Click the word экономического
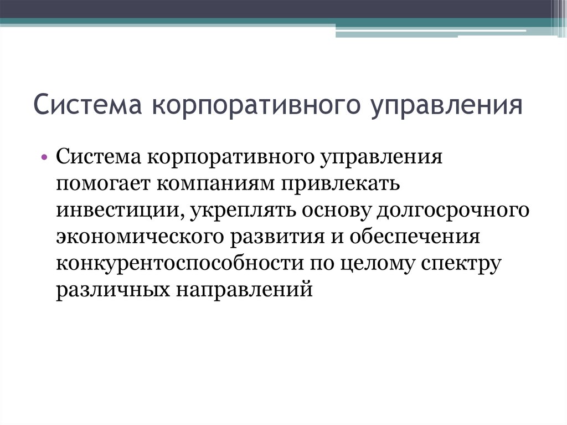click(x=138, y=237)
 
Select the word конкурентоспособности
click(x=177, y=263)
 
